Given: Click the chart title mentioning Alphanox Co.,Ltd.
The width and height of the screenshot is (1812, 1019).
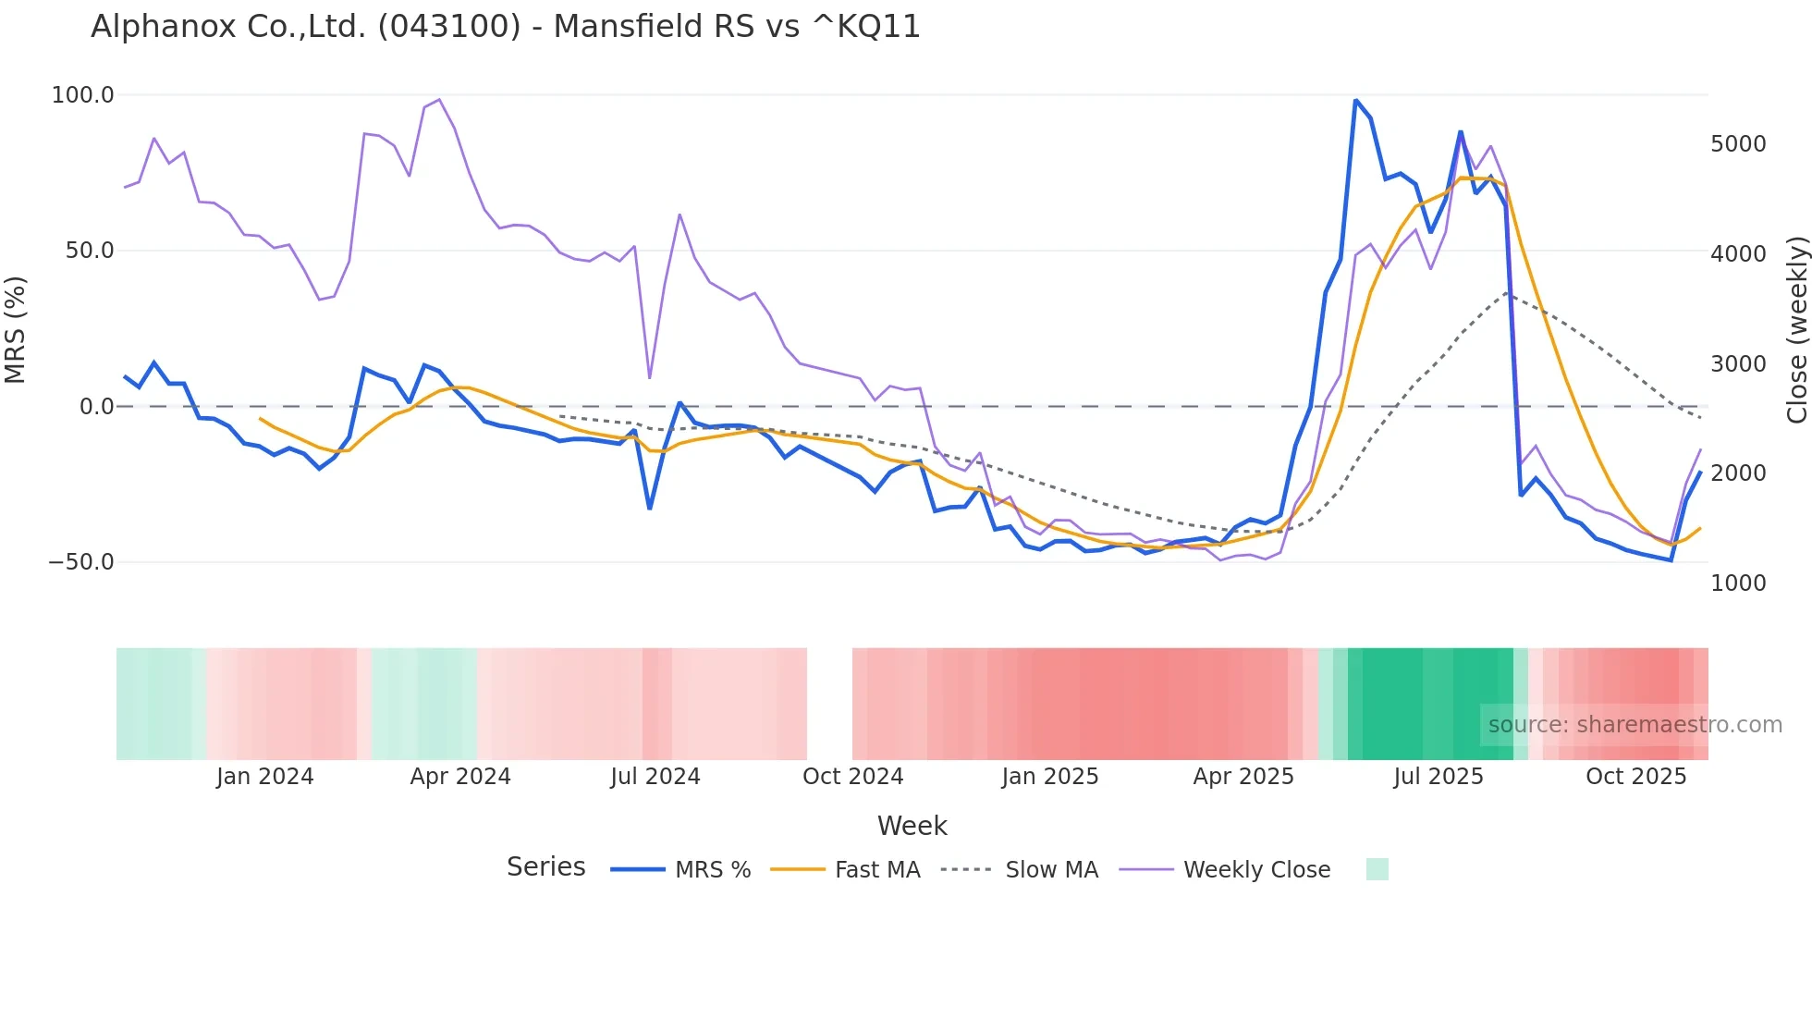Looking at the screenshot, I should [506, 26].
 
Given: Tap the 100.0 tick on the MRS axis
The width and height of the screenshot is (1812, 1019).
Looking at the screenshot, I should [82, 95].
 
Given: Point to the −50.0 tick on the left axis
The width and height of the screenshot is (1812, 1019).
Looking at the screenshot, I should [80, 562].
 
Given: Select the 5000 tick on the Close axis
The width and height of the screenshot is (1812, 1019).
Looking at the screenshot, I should [1738, 144].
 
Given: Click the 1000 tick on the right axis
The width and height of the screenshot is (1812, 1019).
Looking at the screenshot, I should [1738, 583].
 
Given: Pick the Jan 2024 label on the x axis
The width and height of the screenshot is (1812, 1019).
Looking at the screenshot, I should [264, 777].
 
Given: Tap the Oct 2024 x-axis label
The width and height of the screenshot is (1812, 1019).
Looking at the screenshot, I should [852, 777].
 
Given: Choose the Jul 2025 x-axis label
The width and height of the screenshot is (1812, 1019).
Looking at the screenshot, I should [1438, 777].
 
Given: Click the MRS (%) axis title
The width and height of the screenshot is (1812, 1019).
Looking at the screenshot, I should [16, 329].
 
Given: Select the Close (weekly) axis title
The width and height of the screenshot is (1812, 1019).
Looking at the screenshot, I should [1796, 330].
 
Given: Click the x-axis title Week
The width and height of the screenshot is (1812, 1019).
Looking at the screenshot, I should [912, 826].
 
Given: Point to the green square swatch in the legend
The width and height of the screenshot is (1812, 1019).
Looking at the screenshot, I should [1377, 869].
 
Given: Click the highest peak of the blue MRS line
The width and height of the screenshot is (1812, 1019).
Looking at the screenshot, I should [1355, 101].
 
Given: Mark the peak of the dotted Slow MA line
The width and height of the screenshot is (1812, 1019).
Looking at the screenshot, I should [1507, 293].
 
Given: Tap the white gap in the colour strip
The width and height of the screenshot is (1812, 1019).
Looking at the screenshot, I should [829, 704].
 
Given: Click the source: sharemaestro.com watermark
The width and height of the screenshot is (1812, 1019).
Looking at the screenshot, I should [1634, 725].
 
